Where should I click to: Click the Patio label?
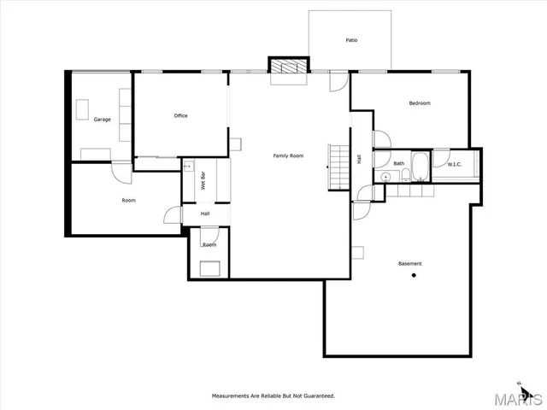[351, 40]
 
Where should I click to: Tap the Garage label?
[103, 120]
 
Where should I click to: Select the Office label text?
[180, 116]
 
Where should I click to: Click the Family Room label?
[288, 155]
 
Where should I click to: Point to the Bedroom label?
[420, 103]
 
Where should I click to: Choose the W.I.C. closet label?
[455, 164]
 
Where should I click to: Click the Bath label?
[399, 164]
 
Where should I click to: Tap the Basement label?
[409, 263]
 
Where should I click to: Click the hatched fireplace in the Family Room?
[288, 67]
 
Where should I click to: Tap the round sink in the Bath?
[386, 177]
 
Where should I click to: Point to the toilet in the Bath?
[403, 176]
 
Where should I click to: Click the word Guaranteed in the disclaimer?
[315, 396]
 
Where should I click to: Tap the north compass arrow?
[518, 384]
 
